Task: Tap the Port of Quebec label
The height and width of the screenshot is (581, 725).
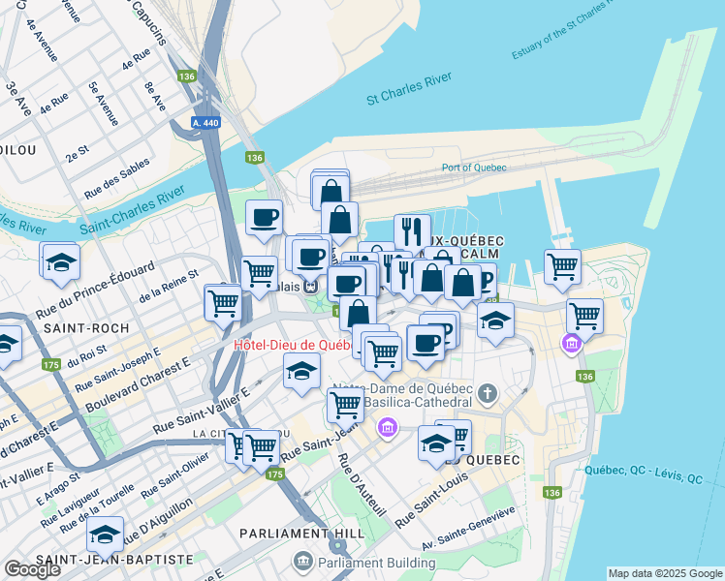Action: pyautogui.click(x=474, y=167)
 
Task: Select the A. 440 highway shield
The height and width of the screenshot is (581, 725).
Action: pyautogui.click(x=205, y=123)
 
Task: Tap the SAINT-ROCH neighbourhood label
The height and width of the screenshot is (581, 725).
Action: pyautogui.click(x=86, y=328)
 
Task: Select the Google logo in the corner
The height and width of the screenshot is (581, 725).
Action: pyautogui.click(x=32, y=569)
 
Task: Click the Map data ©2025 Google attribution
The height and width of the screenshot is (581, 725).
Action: pyautogui.click(x=665, y=573)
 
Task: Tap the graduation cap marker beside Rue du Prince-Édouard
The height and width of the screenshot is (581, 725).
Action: pyautogui.click(x=61, y=261)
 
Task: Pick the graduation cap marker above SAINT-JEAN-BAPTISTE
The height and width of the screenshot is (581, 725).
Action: pyautogui.click(x=105, y=535)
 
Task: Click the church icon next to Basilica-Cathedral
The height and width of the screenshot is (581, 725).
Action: pyautogui.click(x=487, y=394)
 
